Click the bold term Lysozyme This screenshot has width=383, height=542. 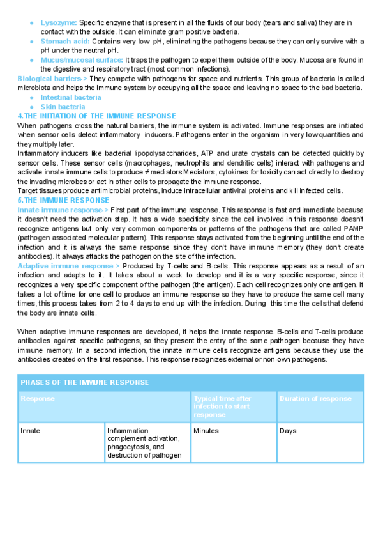pos(58,22)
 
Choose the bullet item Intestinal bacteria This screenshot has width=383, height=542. pos(70,97)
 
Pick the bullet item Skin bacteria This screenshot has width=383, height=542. pos(63,107)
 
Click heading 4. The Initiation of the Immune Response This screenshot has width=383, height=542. pos(96,116)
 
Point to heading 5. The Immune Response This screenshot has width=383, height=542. pos(63,199)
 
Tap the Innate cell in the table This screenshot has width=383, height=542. pos(30,431)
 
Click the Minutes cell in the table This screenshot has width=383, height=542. pos(206,431)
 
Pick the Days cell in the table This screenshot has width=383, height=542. pos(288,431)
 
